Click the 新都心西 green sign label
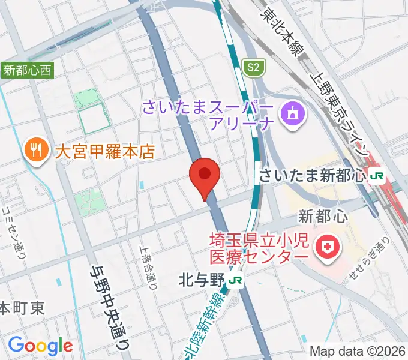28,70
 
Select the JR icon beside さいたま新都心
377,176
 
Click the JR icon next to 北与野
238,280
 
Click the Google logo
40,346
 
